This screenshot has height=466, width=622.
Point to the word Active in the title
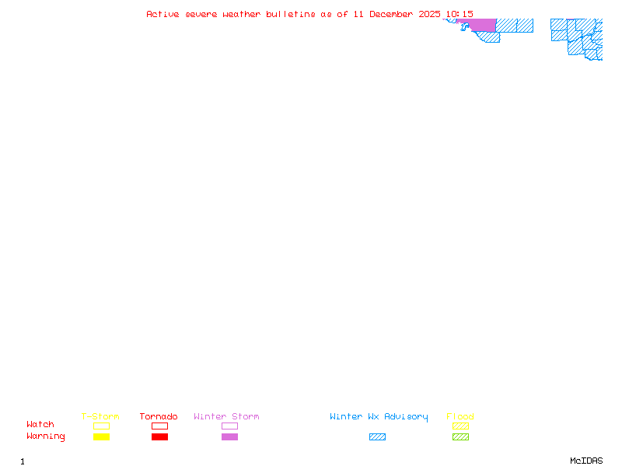[x=163, y=14]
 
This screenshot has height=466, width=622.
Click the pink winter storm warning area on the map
[x=482, y=25]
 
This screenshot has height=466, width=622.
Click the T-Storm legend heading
[x=100, y=417]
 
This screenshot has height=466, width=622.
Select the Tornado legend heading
[x=159, y=417]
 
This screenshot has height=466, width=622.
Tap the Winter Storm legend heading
[x=226, y=417]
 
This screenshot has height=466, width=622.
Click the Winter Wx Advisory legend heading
[x=379, y=417]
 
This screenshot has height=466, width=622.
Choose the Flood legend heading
[x=460, y=417]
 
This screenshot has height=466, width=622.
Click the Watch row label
[x=40, y=425]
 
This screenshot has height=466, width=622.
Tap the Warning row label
[x=46, y=436]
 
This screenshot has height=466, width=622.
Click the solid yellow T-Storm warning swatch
[x=101, y=437]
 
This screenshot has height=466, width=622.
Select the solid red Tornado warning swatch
[x=159, y=437]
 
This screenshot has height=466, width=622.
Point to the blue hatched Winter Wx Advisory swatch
[x=377, y=437]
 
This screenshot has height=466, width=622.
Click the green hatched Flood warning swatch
[x=460, y=437]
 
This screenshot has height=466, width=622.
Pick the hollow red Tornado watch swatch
[x=159, y=426]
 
